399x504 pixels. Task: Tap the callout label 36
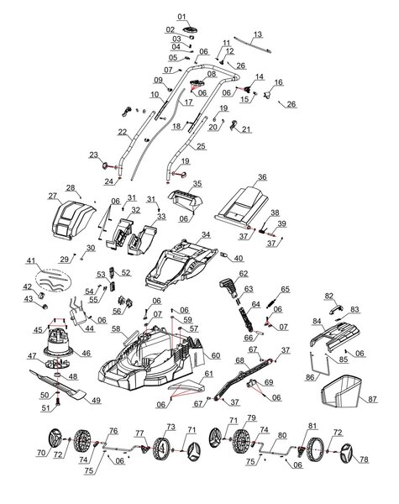[261, 177]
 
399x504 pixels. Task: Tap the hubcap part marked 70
[55, 438]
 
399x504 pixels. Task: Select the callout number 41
[31, 262]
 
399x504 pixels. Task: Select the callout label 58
[117, 328]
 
